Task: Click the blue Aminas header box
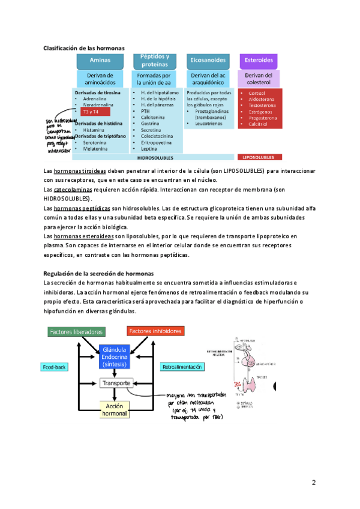[x=100, y=61]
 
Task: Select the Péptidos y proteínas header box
[x=154, y=60]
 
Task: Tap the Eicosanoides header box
[x=208, y=61]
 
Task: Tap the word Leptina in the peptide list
[x=148, y=148]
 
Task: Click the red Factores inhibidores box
[x=155, y=331]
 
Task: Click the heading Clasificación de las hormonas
[x=83, y=47]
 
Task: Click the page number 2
[x=313, y=483]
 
